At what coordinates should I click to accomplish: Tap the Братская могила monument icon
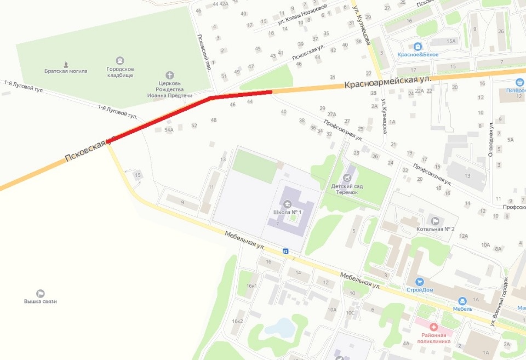point(66,64)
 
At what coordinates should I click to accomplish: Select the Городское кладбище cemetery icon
point(120,60)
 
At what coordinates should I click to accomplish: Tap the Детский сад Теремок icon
point(347,178)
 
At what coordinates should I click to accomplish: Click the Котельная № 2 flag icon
point(436,221)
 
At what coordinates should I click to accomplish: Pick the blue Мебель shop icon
point(462,300)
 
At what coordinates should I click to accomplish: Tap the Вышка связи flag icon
point(40,294)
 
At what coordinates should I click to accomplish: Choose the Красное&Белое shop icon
point(418,47)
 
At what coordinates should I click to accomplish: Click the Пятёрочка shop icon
point(519,82)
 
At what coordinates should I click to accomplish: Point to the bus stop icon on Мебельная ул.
point(285,251)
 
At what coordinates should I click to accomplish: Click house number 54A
point(169,130)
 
